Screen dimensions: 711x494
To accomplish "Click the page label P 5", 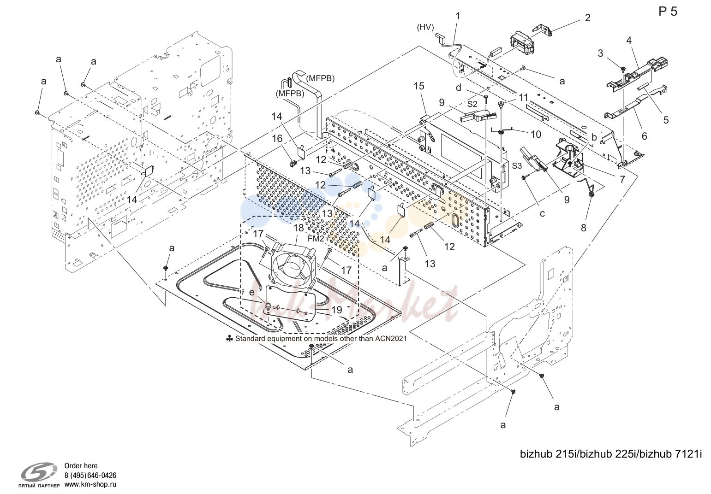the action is point(668,12).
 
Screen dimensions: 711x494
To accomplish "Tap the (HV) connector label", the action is point(425,28).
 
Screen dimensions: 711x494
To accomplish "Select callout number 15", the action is point(419,86).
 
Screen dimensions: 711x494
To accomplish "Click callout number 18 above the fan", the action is point(299,228).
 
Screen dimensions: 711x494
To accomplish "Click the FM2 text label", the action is point(316,238).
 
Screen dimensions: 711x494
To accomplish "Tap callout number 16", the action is point(277,138).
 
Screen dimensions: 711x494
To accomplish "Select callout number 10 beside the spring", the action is point(536,135).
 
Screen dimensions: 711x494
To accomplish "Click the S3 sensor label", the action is point(517,166).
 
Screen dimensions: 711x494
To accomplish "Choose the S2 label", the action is point(472,104).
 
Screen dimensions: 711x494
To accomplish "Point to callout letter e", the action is point(252,292).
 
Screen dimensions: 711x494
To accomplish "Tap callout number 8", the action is point(583,228).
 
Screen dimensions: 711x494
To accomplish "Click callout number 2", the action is point(587,18).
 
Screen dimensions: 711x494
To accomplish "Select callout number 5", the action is point(666,120).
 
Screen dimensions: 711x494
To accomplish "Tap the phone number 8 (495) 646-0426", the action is point(90,476).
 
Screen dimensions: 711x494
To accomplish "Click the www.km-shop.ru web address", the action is point(90,484).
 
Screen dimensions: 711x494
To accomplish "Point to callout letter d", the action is point(458,88).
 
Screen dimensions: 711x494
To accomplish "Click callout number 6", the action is point(645,136).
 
